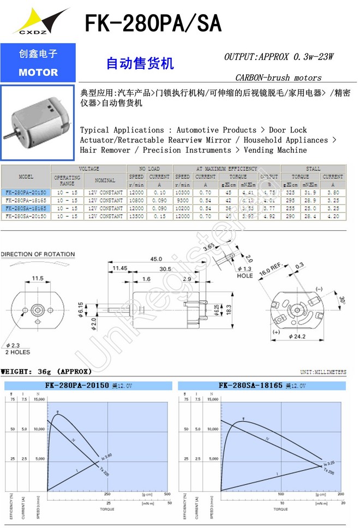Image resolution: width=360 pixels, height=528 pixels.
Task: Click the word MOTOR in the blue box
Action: click(38, 73)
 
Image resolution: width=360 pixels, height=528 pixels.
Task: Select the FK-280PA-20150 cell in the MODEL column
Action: click(26, 193)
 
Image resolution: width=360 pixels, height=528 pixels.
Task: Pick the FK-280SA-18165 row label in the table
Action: click(26, 208)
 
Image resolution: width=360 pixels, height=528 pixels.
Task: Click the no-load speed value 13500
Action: click(136, 217)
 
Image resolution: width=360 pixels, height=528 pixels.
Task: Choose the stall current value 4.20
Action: click(332, 217)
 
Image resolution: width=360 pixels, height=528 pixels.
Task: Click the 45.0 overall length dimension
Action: click(157, 259)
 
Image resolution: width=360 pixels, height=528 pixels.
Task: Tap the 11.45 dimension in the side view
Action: click(120, 268)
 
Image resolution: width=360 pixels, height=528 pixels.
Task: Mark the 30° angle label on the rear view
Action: click(341, 300)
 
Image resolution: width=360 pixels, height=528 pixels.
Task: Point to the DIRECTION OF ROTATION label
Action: click(38, 254)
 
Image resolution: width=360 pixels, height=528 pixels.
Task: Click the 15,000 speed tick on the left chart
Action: click(39, 399)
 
